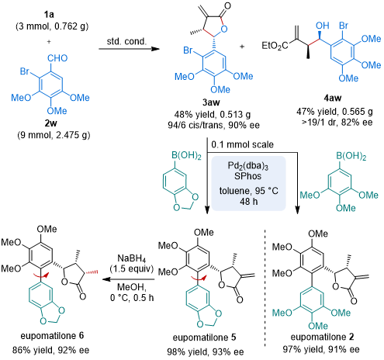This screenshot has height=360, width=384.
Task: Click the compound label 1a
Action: pos(49,15)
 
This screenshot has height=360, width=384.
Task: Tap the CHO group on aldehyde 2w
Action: pos(57,58)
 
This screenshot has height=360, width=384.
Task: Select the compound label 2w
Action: pos(50,123)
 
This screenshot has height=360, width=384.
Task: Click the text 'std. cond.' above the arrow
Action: pos(126,41)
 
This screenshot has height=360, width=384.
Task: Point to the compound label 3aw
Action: pos(211,102)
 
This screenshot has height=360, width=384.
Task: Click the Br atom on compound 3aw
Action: pos(188,50)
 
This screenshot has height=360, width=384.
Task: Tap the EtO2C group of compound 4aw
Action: pos(275,46)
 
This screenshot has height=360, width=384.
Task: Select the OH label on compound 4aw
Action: pos(322,26)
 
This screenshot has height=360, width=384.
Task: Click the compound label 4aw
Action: pos(333,98)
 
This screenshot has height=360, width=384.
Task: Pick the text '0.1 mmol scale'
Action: pos(242,144)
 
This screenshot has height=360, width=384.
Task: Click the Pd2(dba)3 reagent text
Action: pos(248,165)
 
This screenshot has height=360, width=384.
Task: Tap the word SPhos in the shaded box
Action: pos(247,176)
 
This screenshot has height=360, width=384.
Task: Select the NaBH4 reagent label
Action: pos(132,258)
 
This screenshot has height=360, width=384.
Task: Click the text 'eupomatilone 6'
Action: pos(52,336)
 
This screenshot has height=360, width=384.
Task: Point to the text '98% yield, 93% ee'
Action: pos(206,351)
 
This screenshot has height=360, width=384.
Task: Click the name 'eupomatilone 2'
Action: pos(322,337)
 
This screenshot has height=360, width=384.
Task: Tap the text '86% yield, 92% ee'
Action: pos(50,350)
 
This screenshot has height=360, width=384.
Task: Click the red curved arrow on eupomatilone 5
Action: pos(198,279)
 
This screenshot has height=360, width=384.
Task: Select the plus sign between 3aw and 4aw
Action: pos(242,47)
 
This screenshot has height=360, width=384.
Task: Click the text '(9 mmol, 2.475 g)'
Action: pos(54,135)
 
